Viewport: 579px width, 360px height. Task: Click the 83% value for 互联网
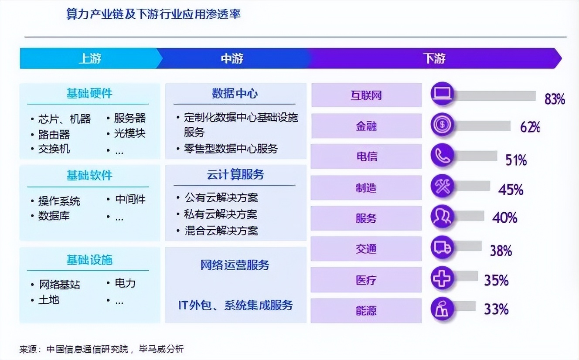coord(555,99)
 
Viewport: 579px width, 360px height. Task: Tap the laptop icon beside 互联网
coord(442,93)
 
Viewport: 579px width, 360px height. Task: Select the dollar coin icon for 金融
coord(442,125)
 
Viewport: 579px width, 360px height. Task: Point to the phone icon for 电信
coord(442,155)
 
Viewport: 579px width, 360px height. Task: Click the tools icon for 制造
coord(442,186)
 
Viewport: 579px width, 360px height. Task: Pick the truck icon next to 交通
coord(442,247)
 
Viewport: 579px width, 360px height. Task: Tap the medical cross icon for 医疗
coord(442,278)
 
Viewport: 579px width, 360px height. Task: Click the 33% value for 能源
coord(496,309)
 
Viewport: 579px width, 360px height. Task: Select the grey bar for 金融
coord(482,126)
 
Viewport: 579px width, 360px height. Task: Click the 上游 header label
coord(90,58)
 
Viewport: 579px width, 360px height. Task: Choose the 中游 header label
coord(232,58)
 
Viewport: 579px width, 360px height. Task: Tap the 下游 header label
coord(434,58)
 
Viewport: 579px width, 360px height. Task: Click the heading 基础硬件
coord(89,93)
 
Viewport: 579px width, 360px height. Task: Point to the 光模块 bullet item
coord(130,133)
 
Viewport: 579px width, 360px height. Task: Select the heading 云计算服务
coord(235,174)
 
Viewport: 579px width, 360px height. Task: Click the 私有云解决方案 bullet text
coord(221,214)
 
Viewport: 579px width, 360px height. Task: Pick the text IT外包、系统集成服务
coord(235,305)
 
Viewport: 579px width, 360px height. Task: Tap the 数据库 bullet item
coord(54,216)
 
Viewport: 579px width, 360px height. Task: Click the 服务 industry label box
coord(366,218)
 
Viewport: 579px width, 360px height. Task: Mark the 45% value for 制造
coord(511,190)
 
